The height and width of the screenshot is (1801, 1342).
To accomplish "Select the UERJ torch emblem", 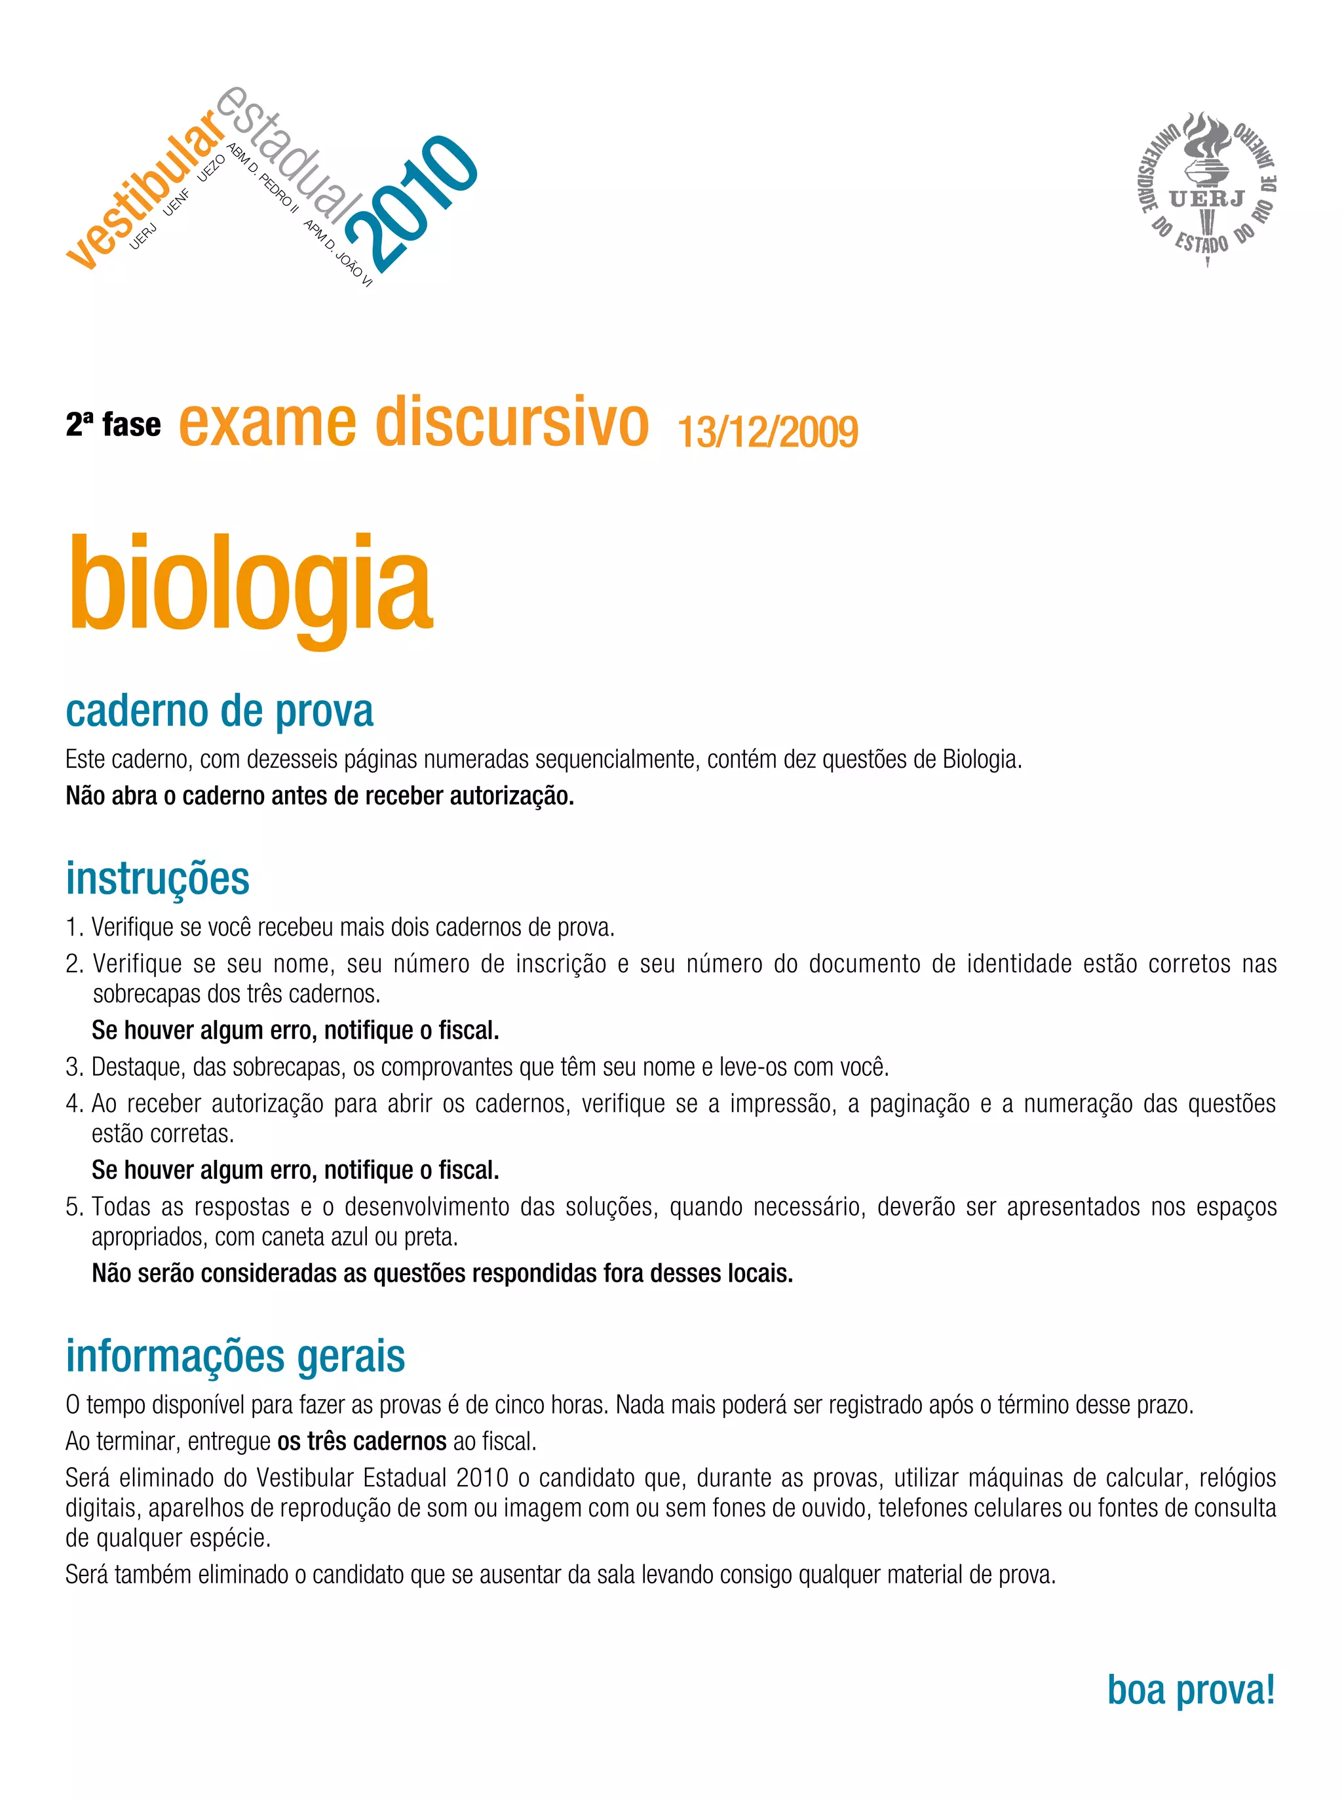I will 1206,188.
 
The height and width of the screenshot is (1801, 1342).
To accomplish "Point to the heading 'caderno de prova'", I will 220,711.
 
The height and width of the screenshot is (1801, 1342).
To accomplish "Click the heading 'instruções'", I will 158,879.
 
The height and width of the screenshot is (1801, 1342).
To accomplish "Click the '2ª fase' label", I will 114,425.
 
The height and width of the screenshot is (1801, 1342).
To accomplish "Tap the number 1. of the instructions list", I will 74,927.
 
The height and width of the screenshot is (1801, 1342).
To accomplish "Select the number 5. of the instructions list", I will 74,1207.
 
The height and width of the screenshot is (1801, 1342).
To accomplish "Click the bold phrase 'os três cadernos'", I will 362,1442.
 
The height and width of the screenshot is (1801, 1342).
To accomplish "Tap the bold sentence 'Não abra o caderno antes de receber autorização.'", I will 320,797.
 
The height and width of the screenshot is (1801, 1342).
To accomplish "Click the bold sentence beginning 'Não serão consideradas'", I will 442,1273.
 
